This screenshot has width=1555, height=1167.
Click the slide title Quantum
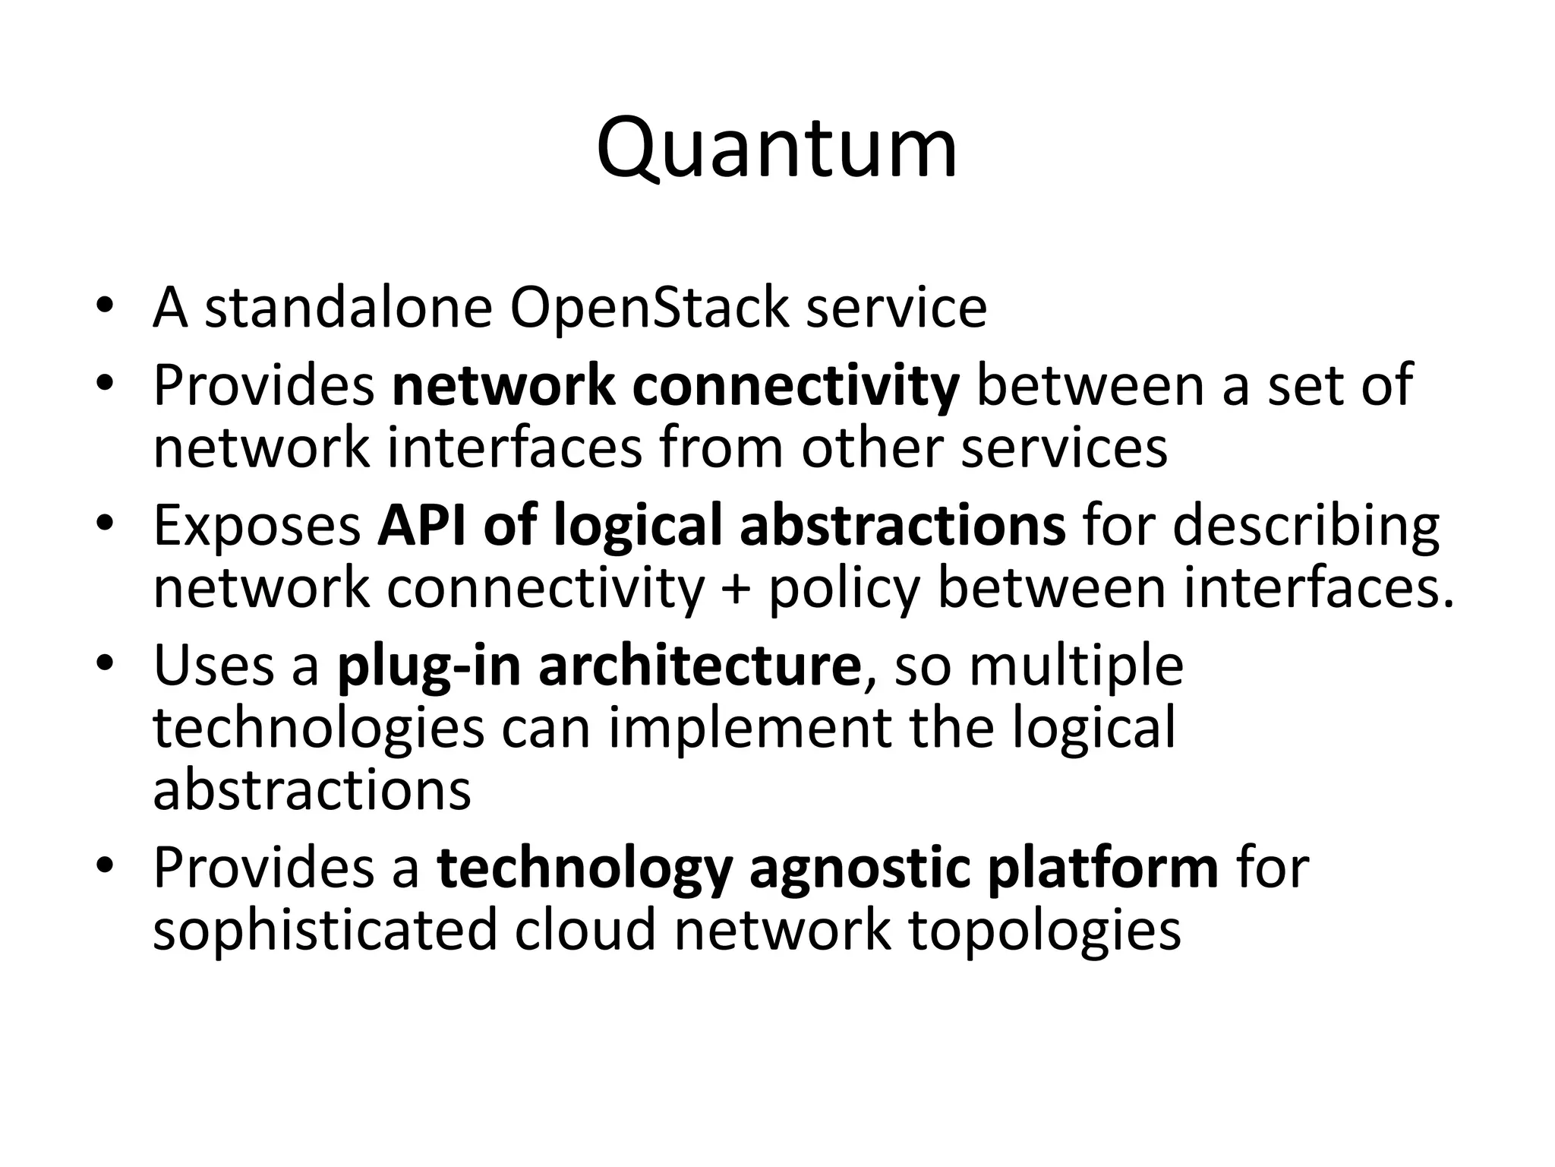tap(777, 148)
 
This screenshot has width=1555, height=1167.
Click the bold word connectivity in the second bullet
tap(796, 385)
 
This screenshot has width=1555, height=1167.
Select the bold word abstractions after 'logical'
tap(903, 525)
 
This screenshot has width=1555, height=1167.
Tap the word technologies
tap(319, 728)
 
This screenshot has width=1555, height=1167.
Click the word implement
tap(749, 728)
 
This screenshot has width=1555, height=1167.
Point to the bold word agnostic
tap(860, 868)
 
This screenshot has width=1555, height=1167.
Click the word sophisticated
tap(324, 930)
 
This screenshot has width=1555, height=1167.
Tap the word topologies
tap(1045, 930)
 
